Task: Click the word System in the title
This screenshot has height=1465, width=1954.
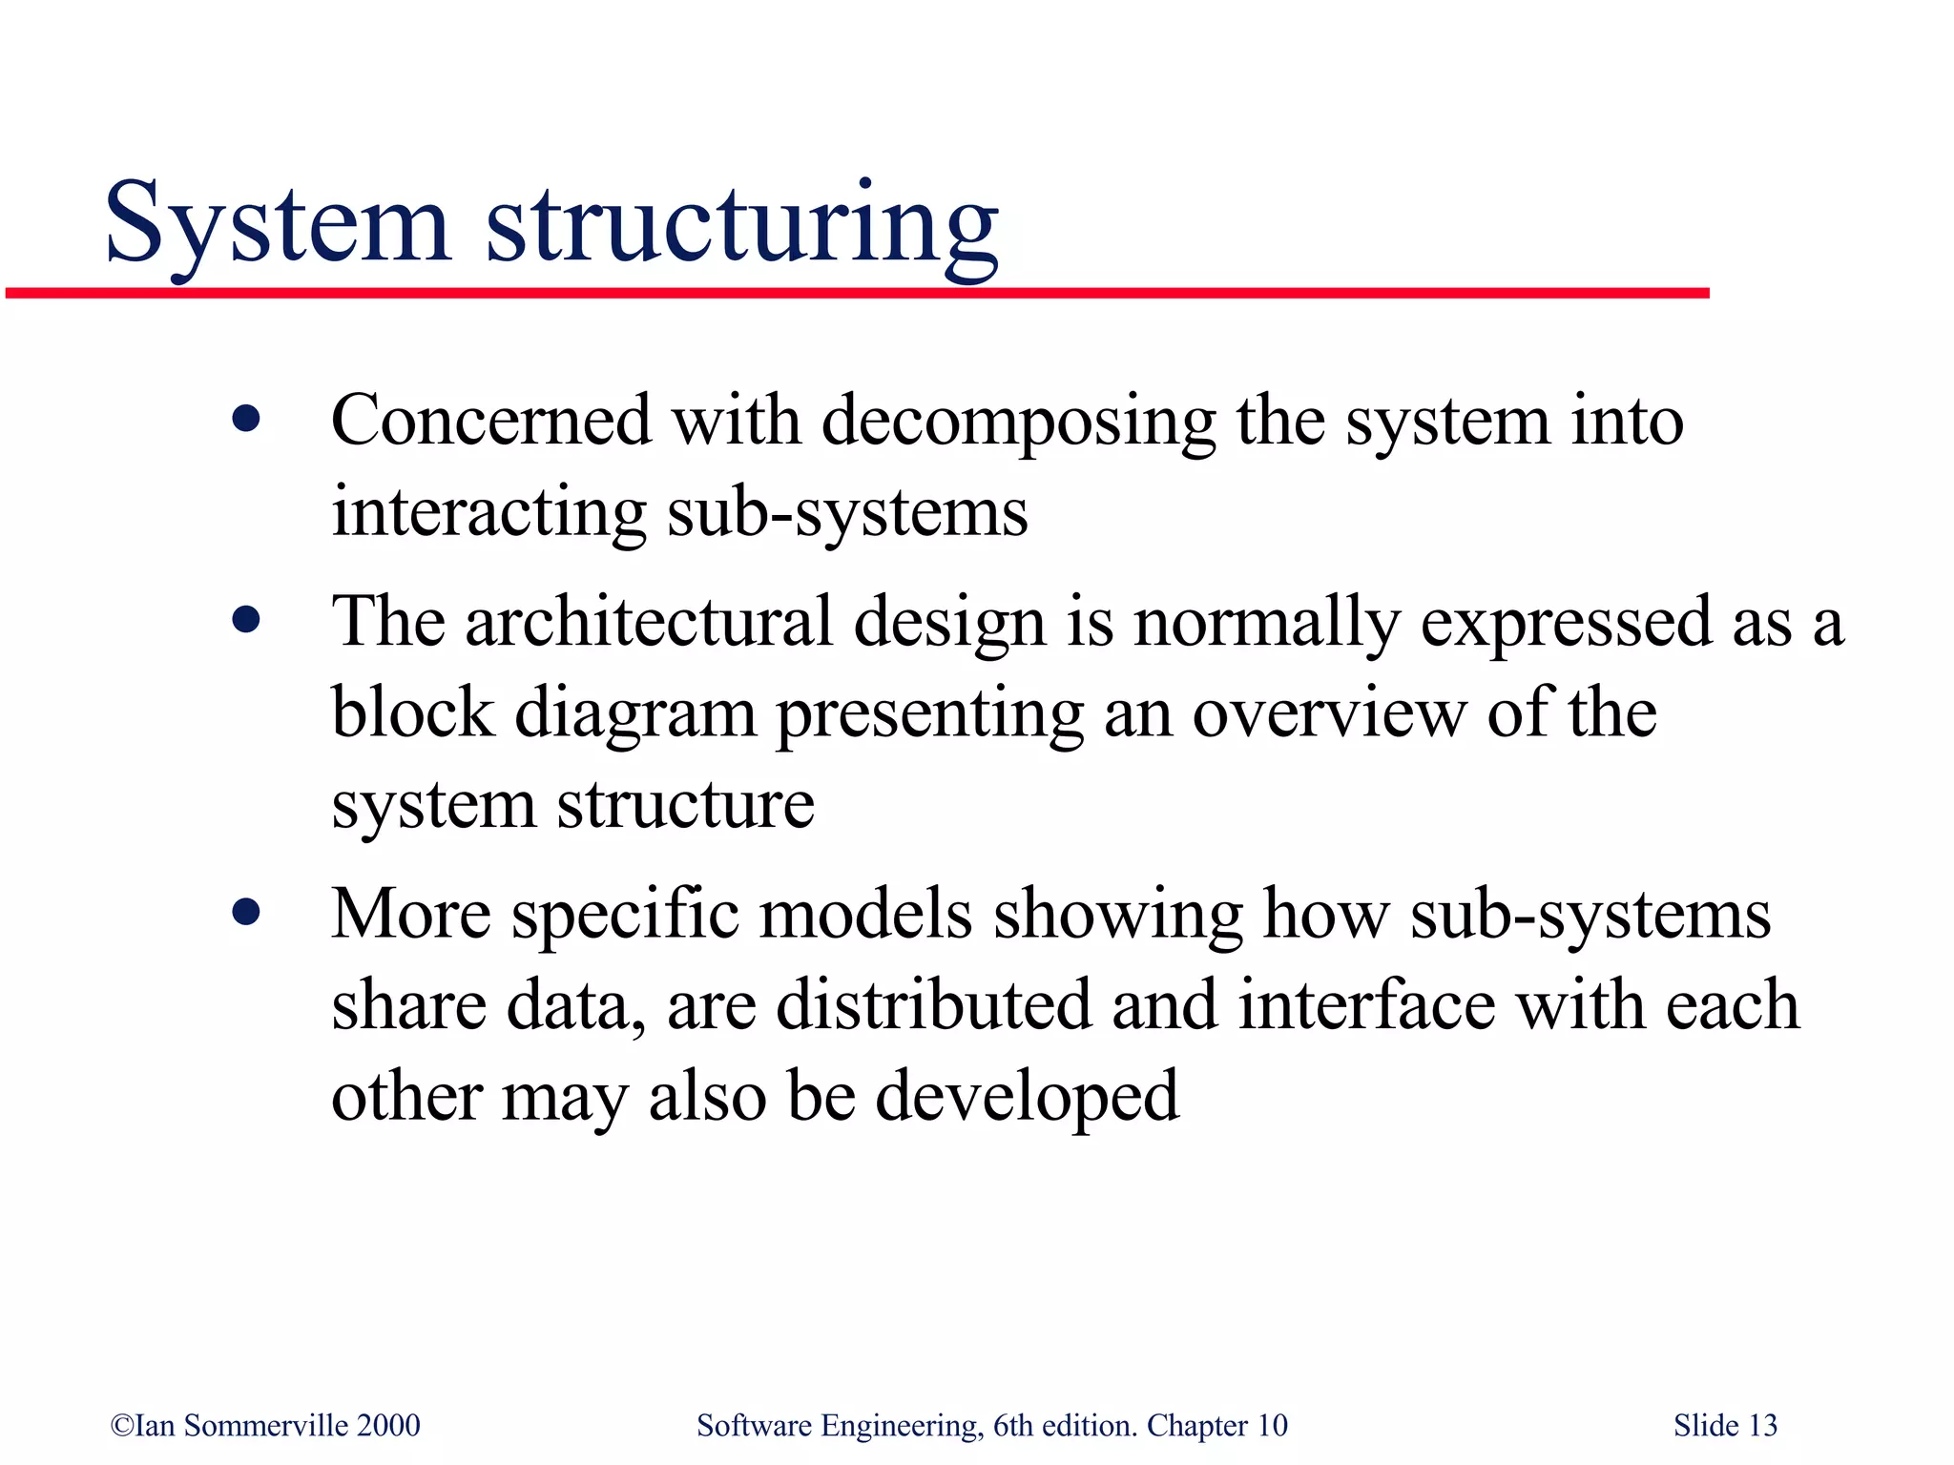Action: pyautogui.click(x=277, y=224)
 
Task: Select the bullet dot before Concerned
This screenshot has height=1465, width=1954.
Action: pyautogui.click(x=246, y=419)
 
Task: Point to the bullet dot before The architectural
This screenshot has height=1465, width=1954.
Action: pyautogui.click(x=246, y=621)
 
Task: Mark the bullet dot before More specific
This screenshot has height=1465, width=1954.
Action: pyautogui.click(x=246, y=913)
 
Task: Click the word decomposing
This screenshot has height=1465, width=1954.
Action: pyautogui.click(x=1019, y=423)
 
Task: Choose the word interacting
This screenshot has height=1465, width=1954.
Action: pyautogui.click(x=488, y=512)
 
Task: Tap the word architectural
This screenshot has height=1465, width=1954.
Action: pyautogui.click(x=649, y=622)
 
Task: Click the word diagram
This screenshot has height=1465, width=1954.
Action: pyautogui.click(x=635, y=714)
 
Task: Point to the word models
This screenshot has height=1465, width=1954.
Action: pyautogui.click(x=865, y=914)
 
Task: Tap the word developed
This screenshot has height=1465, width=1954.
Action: pyautogui.click(x=1028, y=1097)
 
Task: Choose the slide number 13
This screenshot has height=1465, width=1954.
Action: pyautogui.click(x=1763, y=1425)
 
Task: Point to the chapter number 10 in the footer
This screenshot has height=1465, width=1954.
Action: pyautogui.click(x=1272, y=1425)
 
